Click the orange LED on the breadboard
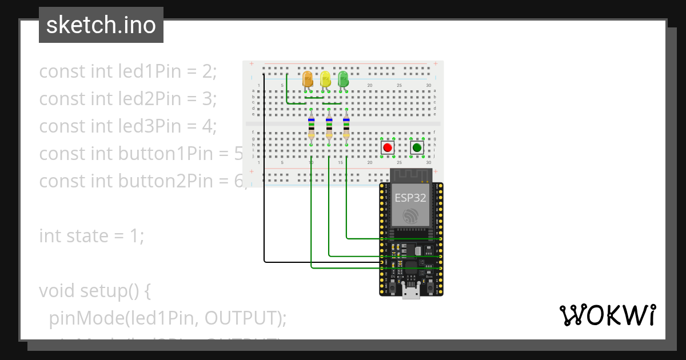(x=308, y=79)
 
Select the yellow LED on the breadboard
(x=325, y=79)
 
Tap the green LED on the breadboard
(x=343, y=79)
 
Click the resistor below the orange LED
(x=311, y=127)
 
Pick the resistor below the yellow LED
(x=329, y=127)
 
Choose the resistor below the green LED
(x=346, y=127)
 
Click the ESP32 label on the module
(x=410, y=198)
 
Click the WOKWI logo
(x=607, y=315)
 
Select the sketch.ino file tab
(x=101, y=25)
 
